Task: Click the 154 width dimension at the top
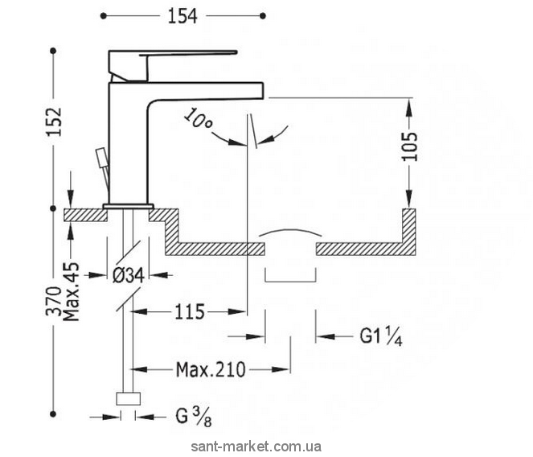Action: (182, 16)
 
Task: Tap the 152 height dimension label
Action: (54, 121)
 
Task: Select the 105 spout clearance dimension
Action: (410, 146)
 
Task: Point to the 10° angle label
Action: (198, 119)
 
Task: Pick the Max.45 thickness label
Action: (72, 292)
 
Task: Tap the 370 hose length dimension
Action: (54, 302)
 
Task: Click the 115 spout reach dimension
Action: (190, 311)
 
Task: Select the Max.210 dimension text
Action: (211, 369)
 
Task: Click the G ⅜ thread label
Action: (194, 417)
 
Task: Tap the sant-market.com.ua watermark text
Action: (256, 446)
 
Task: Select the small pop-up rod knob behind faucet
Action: (101, 158)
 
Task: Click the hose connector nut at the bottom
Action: (128, 399)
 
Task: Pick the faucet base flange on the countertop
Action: (129, 206)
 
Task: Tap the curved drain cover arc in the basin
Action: (290, 232)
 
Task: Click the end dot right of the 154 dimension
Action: (262, 15)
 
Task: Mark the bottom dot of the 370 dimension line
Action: (53, 414)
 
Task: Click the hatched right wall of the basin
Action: (409, 232)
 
